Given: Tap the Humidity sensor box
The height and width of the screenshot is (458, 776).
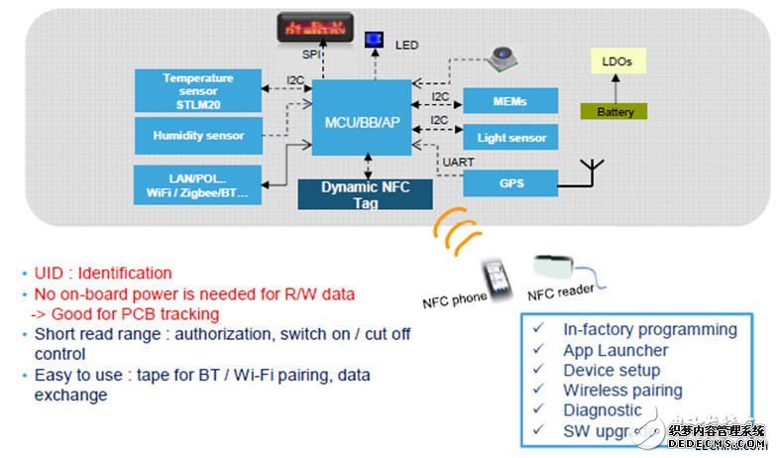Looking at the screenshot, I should pos(198,136).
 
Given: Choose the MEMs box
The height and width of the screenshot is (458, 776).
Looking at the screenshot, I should pos(510,101).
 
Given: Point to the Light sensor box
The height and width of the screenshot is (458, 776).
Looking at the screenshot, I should pos(510,138).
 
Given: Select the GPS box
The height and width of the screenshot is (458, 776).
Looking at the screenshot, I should pos(510,182).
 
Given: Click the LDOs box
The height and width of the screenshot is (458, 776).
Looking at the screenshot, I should pos(616,61).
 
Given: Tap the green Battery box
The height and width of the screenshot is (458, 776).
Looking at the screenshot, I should pos(614,112).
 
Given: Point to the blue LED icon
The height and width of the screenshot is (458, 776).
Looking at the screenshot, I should pos(375,40).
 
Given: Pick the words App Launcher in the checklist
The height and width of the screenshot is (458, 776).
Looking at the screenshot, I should pos(615,350).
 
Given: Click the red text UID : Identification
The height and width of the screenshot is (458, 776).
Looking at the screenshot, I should pos(97,273).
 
